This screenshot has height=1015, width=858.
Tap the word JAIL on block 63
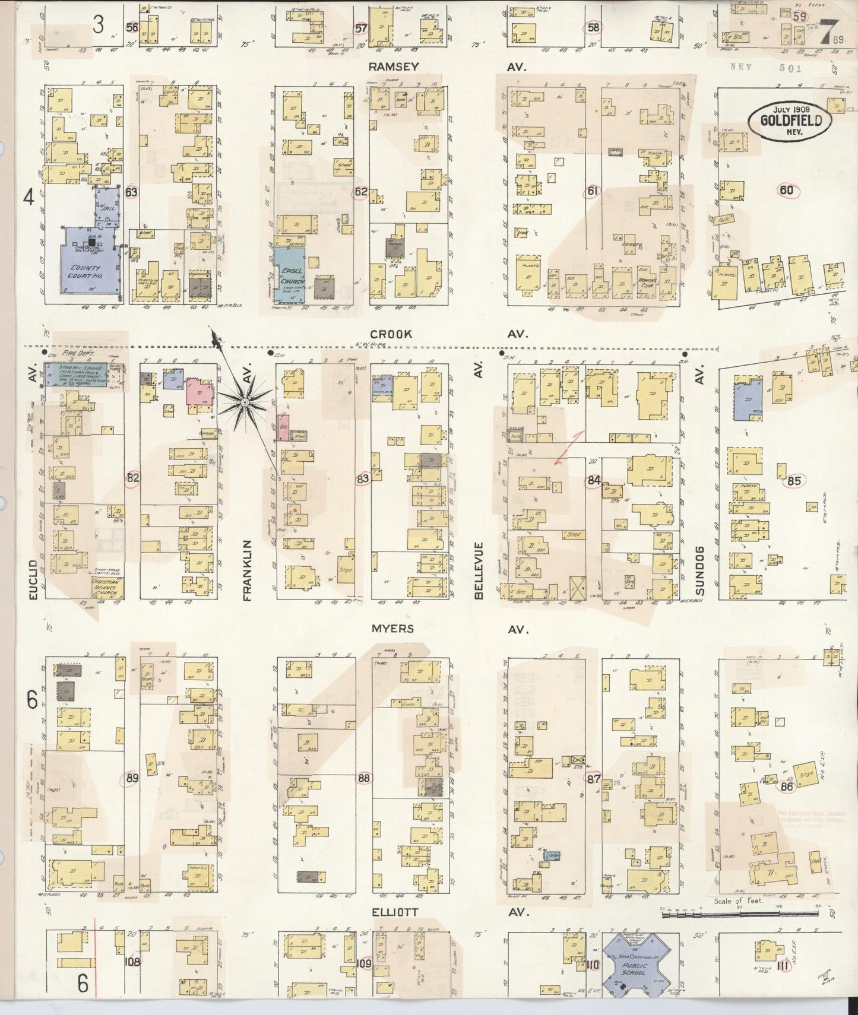(107, 210)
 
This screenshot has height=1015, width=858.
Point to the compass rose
(244, 402)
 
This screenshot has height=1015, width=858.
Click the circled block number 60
(787, 190)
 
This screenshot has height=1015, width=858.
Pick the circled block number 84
(593, 480)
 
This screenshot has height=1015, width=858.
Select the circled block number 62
(360, 192)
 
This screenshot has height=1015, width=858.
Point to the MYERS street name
(392, 629)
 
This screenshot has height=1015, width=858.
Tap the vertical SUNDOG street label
(701, 570)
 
